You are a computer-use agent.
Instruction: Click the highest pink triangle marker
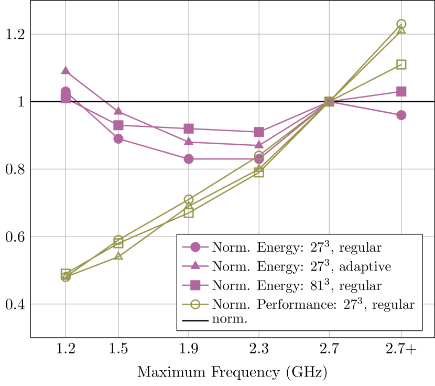[66, 70]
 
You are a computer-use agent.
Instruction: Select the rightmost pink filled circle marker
[401, 115]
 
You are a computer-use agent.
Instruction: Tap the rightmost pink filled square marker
[401, 92]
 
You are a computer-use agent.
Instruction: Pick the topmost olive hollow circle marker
[401, 24]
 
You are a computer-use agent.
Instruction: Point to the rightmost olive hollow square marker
[401, 65]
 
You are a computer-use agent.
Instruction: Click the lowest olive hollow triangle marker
[118, 256]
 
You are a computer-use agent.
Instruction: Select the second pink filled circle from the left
[118, 138]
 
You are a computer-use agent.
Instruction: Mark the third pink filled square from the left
[189, 129]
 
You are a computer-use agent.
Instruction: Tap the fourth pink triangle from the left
[259, 145]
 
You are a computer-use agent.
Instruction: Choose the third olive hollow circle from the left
[189, 200]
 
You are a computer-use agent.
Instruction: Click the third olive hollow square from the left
[189, 212]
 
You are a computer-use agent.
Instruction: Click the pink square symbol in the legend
[195, 285]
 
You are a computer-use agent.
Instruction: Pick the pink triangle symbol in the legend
[195, 266]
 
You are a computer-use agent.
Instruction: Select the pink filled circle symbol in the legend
[195, 247]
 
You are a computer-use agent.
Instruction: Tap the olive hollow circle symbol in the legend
[195, 305]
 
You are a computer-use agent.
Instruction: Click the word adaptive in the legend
[365, 267]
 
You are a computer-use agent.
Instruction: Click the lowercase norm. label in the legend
[229, 319]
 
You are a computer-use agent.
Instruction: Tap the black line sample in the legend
[195, 320]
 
